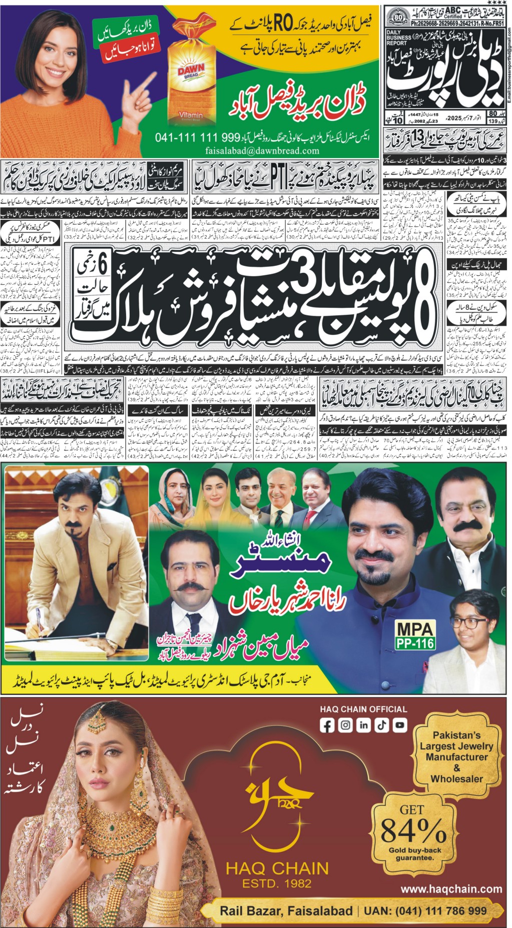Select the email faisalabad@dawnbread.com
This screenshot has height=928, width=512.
[262, 151]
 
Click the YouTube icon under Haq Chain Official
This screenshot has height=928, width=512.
[399, 725]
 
